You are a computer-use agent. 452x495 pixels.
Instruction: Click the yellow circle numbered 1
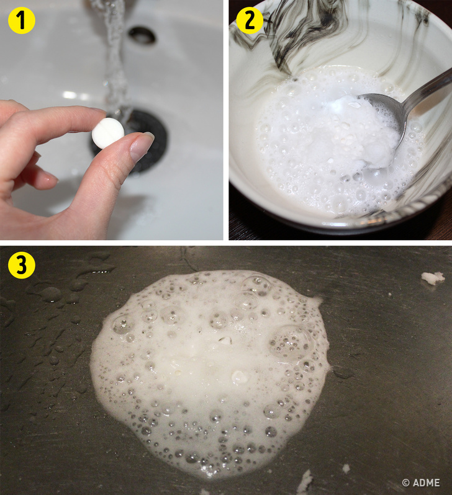(x=22, y=20)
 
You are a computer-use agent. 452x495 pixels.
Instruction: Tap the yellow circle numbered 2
(x=250, y=20)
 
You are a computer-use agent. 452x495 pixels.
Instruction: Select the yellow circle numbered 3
(x=22, y=265)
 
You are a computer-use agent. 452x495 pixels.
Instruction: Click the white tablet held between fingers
(x=108, y=133)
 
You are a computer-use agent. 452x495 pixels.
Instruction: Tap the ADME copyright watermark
(x=421, y=483)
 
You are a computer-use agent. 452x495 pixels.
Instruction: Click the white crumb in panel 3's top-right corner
(x=433, y=278)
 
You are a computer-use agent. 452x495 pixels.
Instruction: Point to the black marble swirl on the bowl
(x=304, y=32)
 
